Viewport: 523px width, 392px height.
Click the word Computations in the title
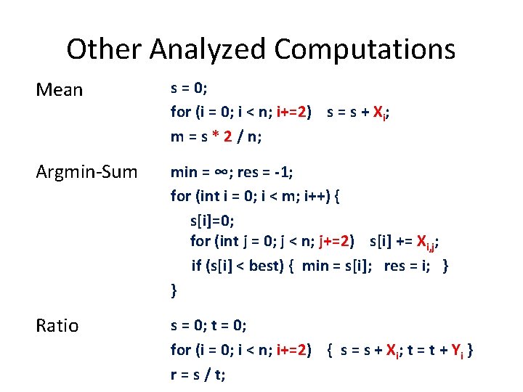(365, 49)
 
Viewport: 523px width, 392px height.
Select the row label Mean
(60, 90)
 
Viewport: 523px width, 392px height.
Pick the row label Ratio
(57, 326)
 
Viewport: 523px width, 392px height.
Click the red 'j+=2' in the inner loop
(337, 241)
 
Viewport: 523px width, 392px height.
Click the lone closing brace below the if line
(174, 291)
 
